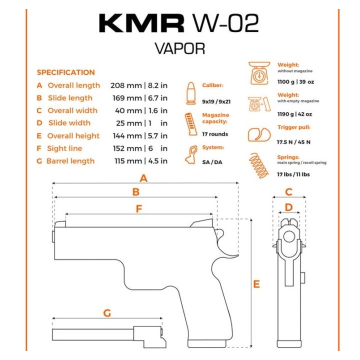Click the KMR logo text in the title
pyautogui.click(x=141, y=23)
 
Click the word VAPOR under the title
pyautogui.click(x=179, y=49)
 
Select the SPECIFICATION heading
pyautogui.click(x=65, y=72)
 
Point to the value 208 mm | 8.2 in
pyautogui.click(x=138, y=85)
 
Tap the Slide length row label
pyautogui.click(x=70, y=98)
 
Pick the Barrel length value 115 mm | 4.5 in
pyautogui.click(x=138, y=161)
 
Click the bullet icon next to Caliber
pyautogui.click(x=190, y=93)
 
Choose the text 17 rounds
pyautogui.click(x=215, y=134)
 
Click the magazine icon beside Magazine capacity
pyautogui.click(x=189, y=124)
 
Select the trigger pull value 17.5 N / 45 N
pyautogui.click(x=293, y=142)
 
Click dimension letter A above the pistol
pyautogui.click(x=143, y=178)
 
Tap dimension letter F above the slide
pyautogui.click(x=139, y=209)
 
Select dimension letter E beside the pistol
pyautogui.click(x=256, y=284)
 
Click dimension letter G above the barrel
pyautogui.click(x=107, y=313)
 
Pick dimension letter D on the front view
pyautogui.click(x=288, y=207)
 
